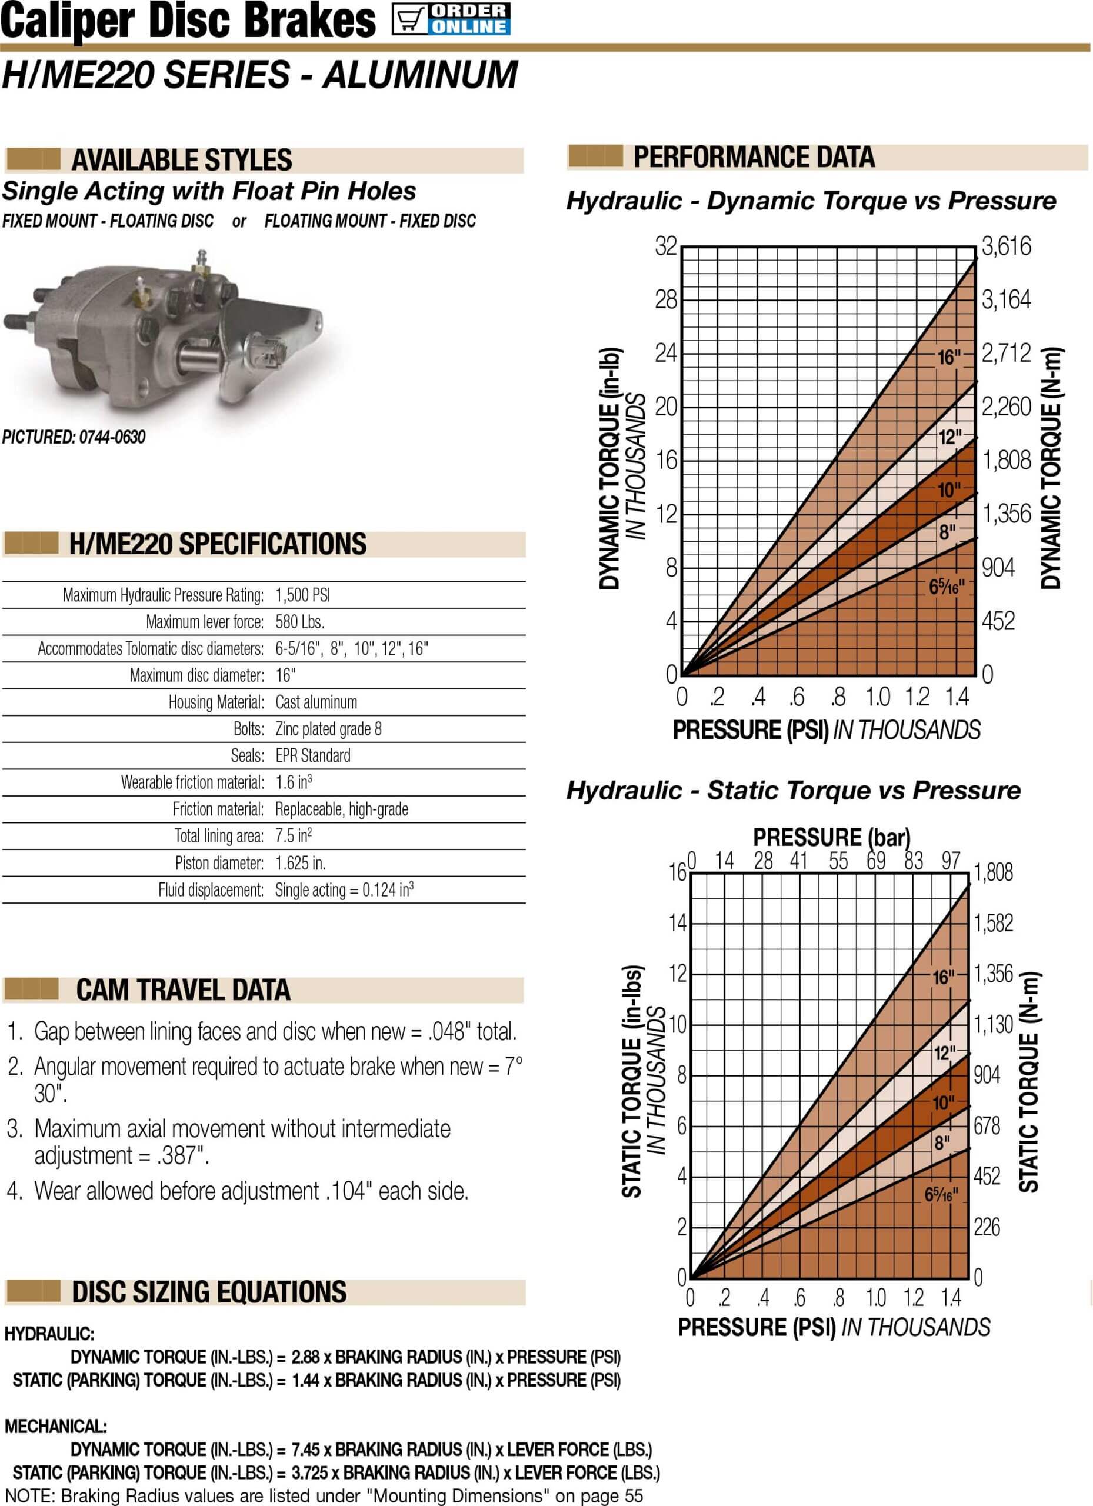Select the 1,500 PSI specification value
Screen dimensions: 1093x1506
[x=303, y=594]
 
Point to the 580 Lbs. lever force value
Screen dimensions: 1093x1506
[x=300, y=622]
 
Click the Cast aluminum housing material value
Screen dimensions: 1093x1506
[x=316, y=702]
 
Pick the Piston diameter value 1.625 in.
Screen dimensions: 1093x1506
[x=300, y=862]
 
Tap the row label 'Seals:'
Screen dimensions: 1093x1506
[x=248, y=756]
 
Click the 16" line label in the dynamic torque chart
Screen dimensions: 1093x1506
[x=949, y=358]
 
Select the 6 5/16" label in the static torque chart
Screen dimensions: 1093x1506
[x=941, y=1194]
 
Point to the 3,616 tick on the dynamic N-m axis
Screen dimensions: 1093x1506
[x=1007, y=246]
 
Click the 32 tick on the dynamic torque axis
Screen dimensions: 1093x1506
[x=666, y=246]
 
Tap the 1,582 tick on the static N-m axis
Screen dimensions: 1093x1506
[x=994, y=922]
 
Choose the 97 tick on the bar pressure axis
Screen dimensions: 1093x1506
[x=951, y=861]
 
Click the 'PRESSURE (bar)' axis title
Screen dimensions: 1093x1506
[x=831, y=837]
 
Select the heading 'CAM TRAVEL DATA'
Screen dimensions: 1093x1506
[x=184, y=990]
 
